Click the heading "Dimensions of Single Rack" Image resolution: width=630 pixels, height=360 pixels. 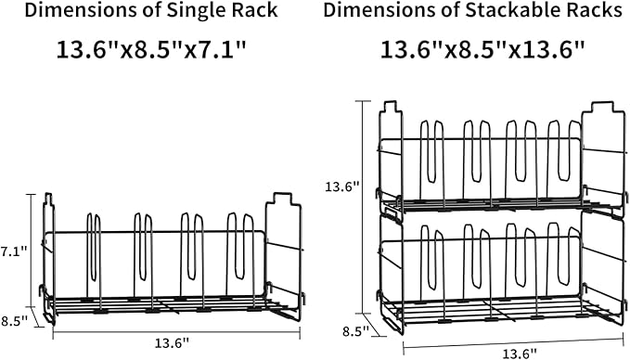click(x=151, y=10)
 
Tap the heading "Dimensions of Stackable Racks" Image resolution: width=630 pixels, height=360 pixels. click(x=473, y=10)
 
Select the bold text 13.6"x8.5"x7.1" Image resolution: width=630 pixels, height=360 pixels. click(x=150, y=49)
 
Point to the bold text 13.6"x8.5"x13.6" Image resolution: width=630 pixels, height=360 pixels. click(x=482, y=49)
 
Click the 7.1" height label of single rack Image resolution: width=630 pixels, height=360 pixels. click(x=14, y=251)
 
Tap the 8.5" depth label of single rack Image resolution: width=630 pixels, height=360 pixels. click(x=15, y=321)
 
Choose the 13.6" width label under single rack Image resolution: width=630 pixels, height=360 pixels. click(x=172, y=343)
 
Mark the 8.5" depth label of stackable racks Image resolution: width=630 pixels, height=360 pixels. click(x=356, y=331)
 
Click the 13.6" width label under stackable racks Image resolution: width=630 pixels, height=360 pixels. click(x=520, y=354)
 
